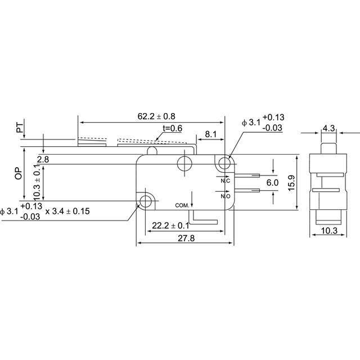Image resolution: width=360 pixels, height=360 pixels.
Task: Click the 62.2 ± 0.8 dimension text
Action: tap(156, 116)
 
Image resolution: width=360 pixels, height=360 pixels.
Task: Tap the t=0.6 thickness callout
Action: tap(173, 128)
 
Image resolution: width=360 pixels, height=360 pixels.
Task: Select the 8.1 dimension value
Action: tap(210, 134)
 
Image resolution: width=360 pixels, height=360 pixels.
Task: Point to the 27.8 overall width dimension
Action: tap(186, 238)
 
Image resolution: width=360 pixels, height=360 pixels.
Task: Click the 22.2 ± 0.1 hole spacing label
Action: tap(170, 226)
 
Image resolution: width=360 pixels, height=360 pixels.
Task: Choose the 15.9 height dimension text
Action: tap(291, 183)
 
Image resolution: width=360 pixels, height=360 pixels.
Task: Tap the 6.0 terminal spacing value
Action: tap(272, 183)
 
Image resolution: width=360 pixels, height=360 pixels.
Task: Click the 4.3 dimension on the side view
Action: tap(328, 128)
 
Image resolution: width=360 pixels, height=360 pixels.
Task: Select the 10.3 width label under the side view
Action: tap(329, 231)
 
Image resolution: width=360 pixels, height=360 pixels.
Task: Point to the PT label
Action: tap(20, 128)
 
